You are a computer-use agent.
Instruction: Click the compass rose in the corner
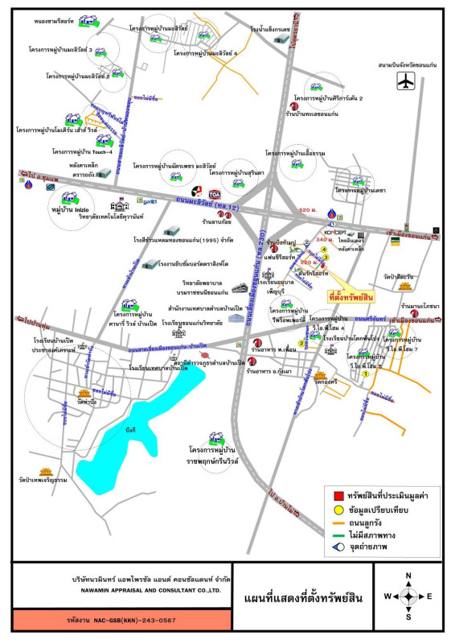[408, 596]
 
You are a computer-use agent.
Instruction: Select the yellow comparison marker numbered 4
[325, 250]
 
